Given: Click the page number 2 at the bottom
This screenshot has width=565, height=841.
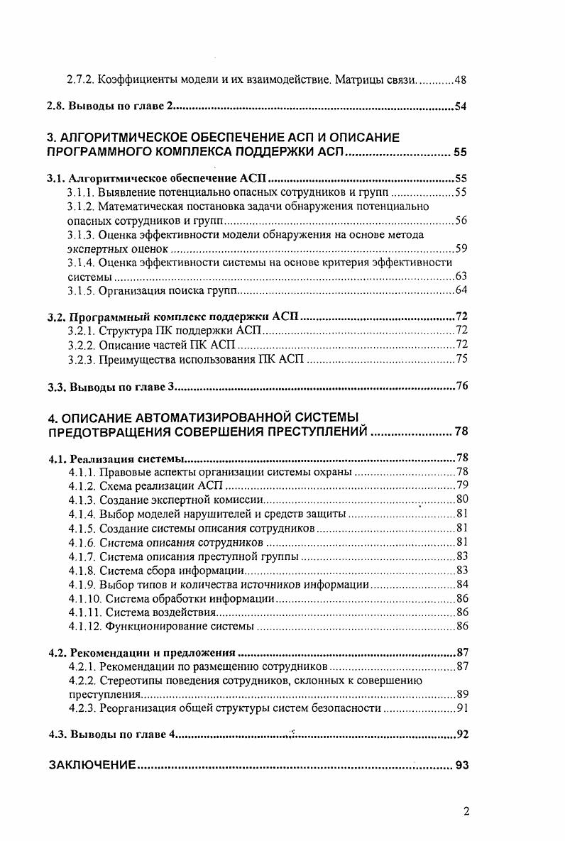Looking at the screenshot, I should pos(466,813).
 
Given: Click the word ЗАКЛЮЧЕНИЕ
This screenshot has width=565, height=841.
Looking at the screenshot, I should pos(92,766).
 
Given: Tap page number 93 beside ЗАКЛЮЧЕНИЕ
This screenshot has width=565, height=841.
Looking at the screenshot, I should pos(461,766).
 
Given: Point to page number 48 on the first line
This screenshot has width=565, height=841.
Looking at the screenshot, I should pos(460,81).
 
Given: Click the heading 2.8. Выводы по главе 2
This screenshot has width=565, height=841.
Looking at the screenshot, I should pos(110,107).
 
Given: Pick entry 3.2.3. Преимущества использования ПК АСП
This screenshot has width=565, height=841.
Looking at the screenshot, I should pos(186,359).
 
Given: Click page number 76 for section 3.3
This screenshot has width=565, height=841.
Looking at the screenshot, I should pos(460,387).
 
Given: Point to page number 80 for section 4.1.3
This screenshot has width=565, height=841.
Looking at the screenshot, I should pos(460,500).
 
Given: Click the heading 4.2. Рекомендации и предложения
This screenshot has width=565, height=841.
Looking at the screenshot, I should pos(142,652).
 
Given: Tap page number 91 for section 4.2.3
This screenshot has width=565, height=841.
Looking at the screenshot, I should pos(460,708).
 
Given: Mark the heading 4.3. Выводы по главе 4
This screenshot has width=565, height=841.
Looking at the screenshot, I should pos(110,735).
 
